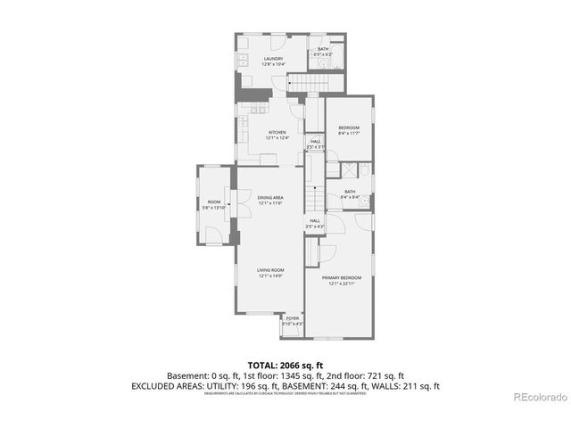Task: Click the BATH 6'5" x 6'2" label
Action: pyautogui.click(x=323, y=51)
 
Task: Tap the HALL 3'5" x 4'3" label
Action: pyautogui.click(x=315, y=224)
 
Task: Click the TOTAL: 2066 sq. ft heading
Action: pyautogui.click(x=285, y=366)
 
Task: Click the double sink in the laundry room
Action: pyautogui.click(x=243, y=61)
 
